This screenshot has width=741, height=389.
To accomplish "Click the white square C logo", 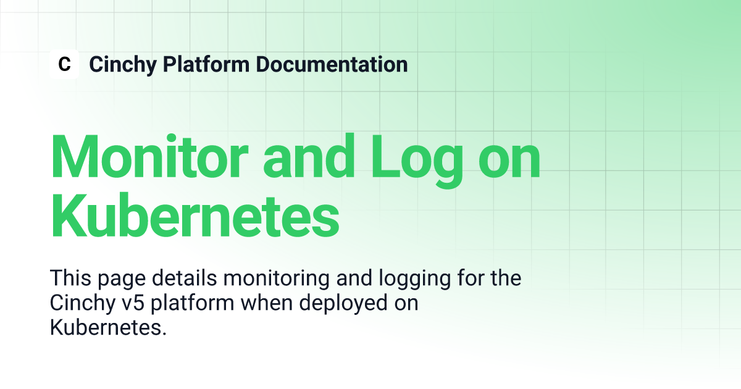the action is pos(64,64).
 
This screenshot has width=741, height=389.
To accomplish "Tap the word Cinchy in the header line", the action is pos(123,65).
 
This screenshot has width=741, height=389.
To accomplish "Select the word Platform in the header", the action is pos(206,64).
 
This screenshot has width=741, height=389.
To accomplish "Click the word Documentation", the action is pos(332,64).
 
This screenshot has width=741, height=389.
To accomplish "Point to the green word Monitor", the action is pos(149,156).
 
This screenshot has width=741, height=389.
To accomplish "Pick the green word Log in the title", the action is pos(417,161).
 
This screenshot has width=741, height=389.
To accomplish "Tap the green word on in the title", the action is pos(509,162).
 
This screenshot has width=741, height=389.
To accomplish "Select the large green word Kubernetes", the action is pos(195,215).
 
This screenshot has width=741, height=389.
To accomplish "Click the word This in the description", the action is pos(70,278).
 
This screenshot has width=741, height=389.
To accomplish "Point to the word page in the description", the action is pos(122,280).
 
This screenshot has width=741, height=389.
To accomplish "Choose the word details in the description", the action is pos(184,278).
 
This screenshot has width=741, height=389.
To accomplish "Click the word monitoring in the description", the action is pos(276,280).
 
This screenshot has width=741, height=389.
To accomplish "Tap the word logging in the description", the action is pos(414,280).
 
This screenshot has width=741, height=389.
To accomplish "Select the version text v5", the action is pos(133,303).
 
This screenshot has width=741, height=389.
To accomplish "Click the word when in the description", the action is pos(266,303).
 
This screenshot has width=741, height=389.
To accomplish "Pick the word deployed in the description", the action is pos(343,305).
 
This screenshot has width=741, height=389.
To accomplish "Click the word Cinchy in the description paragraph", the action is pos(83,305).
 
